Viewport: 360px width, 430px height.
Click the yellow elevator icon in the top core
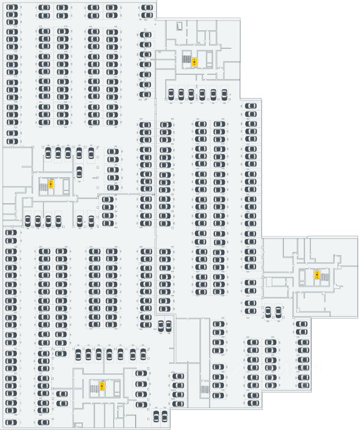194,62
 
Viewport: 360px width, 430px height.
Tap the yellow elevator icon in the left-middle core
51,184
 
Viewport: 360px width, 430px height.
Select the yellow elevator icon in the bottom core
102,386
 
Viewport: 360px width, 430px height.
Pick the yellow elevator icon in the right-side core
317,274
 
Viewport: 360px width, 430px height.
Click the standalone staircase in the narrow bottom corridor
205,389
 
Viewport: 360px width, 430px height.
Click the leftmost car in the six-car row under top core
171,95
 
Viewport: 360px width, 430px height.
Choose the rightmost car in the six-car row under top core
224,95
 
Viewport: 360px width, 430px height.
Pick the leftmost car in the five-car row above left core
48,153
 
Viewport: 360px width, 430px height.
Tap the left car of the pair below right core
268,311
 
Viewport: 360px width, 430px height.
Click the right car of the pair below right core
278,311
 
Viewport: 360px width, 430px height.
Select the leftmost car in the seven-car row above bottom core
77,354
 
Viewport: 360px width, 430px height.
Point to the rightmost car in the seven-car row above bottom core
143,354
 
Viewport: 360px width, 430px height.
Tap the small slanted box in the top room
180,26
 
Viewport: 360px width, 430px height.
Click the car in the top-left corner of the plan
12,8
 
